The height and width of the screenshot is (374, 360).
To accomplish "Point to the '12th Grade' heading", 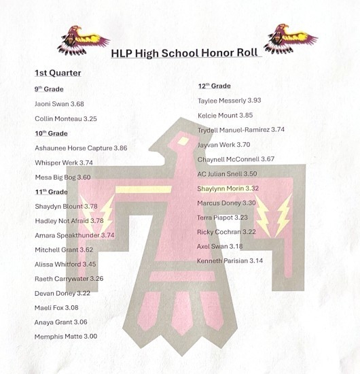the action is click(214, 86).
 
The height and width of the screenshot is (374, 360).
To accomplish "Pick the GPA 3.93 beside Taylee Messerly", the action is click(253, 101).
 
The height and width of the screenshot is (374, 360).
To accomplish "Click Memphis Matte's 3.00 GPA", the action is click(89, 336).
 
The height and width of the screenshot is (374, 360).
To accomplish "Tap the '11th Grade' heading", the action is click(52, 192).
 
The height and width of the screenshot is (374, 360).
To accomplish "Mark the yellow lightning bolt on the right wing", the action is click(280, 215).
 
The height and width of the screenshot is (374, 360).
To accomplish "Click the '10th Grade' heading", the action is click(52, 133).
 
